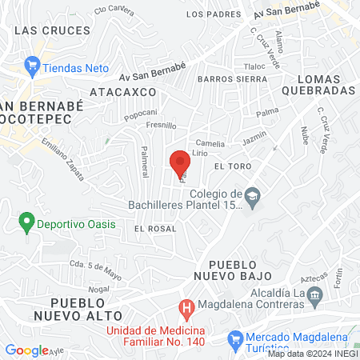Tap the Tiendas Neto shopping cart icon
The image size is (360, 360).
point(32,65)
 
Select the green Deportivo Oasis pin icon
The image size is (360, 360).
point(26,221)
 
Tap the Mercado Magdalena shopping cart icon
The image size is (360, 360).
point(235,338)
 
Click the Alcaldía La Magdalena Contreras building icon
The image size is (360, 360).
point(314,295)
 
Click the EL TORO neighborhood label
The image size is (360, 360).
point(233,165)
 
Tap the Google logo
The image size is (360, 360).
point(26,350)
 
